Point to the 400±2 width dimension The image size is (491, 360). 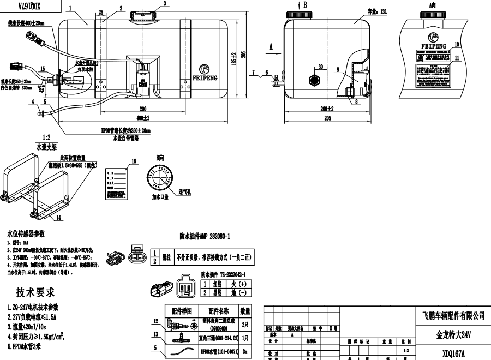click(143, 118)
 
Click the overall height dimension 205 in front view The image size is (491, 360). click(244, 54)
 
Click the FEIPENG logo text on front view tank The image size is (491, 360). click(205, 78)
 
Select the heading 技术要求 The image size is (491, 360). click(35, 293)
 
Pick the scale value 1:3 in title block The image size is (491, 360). click(404, 351)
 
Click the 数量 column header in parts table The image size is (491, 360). click(245, 311)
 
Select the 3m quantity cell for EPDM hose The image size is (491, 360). click(245, 352)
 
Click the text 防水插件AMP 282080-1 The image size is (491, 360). click(205, 237)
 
